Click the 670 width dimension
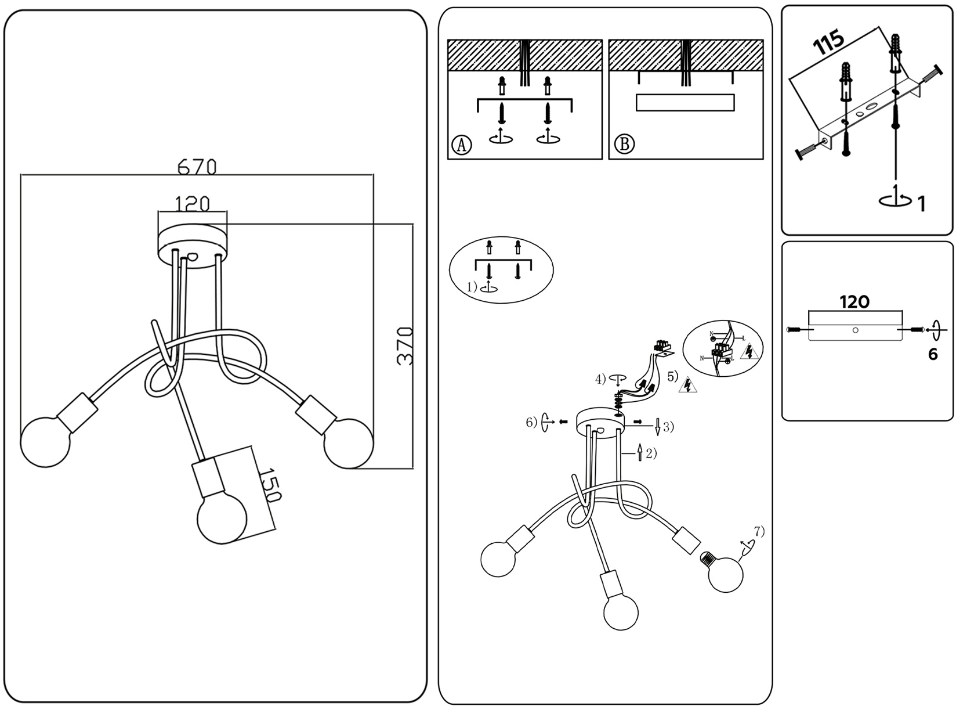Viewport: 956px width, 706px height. (197, 167)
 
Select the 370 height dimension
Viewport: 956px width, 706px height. (405, 346)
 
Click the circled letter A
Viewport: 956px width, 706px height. (461, 144)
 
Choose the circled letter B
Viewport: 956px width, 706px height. (624, 144)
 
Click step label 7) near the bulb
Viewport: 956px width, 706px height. (759, 531)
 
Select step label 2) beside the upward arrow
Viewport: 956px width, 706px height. (651, 453)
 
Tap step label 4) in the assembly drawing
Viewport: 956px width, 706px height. (601, 380)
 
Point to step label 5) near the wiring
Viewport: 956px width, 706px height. (672, 376)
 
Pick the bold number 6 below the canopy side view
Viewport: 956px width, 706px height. (932, 354)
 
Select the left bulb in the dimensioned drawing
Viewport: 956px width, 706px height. (45, 442)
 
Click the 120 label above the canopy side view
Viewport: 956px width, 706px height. (854, 302)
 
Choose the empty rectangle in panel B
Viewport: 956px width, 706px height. (685, 102)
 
